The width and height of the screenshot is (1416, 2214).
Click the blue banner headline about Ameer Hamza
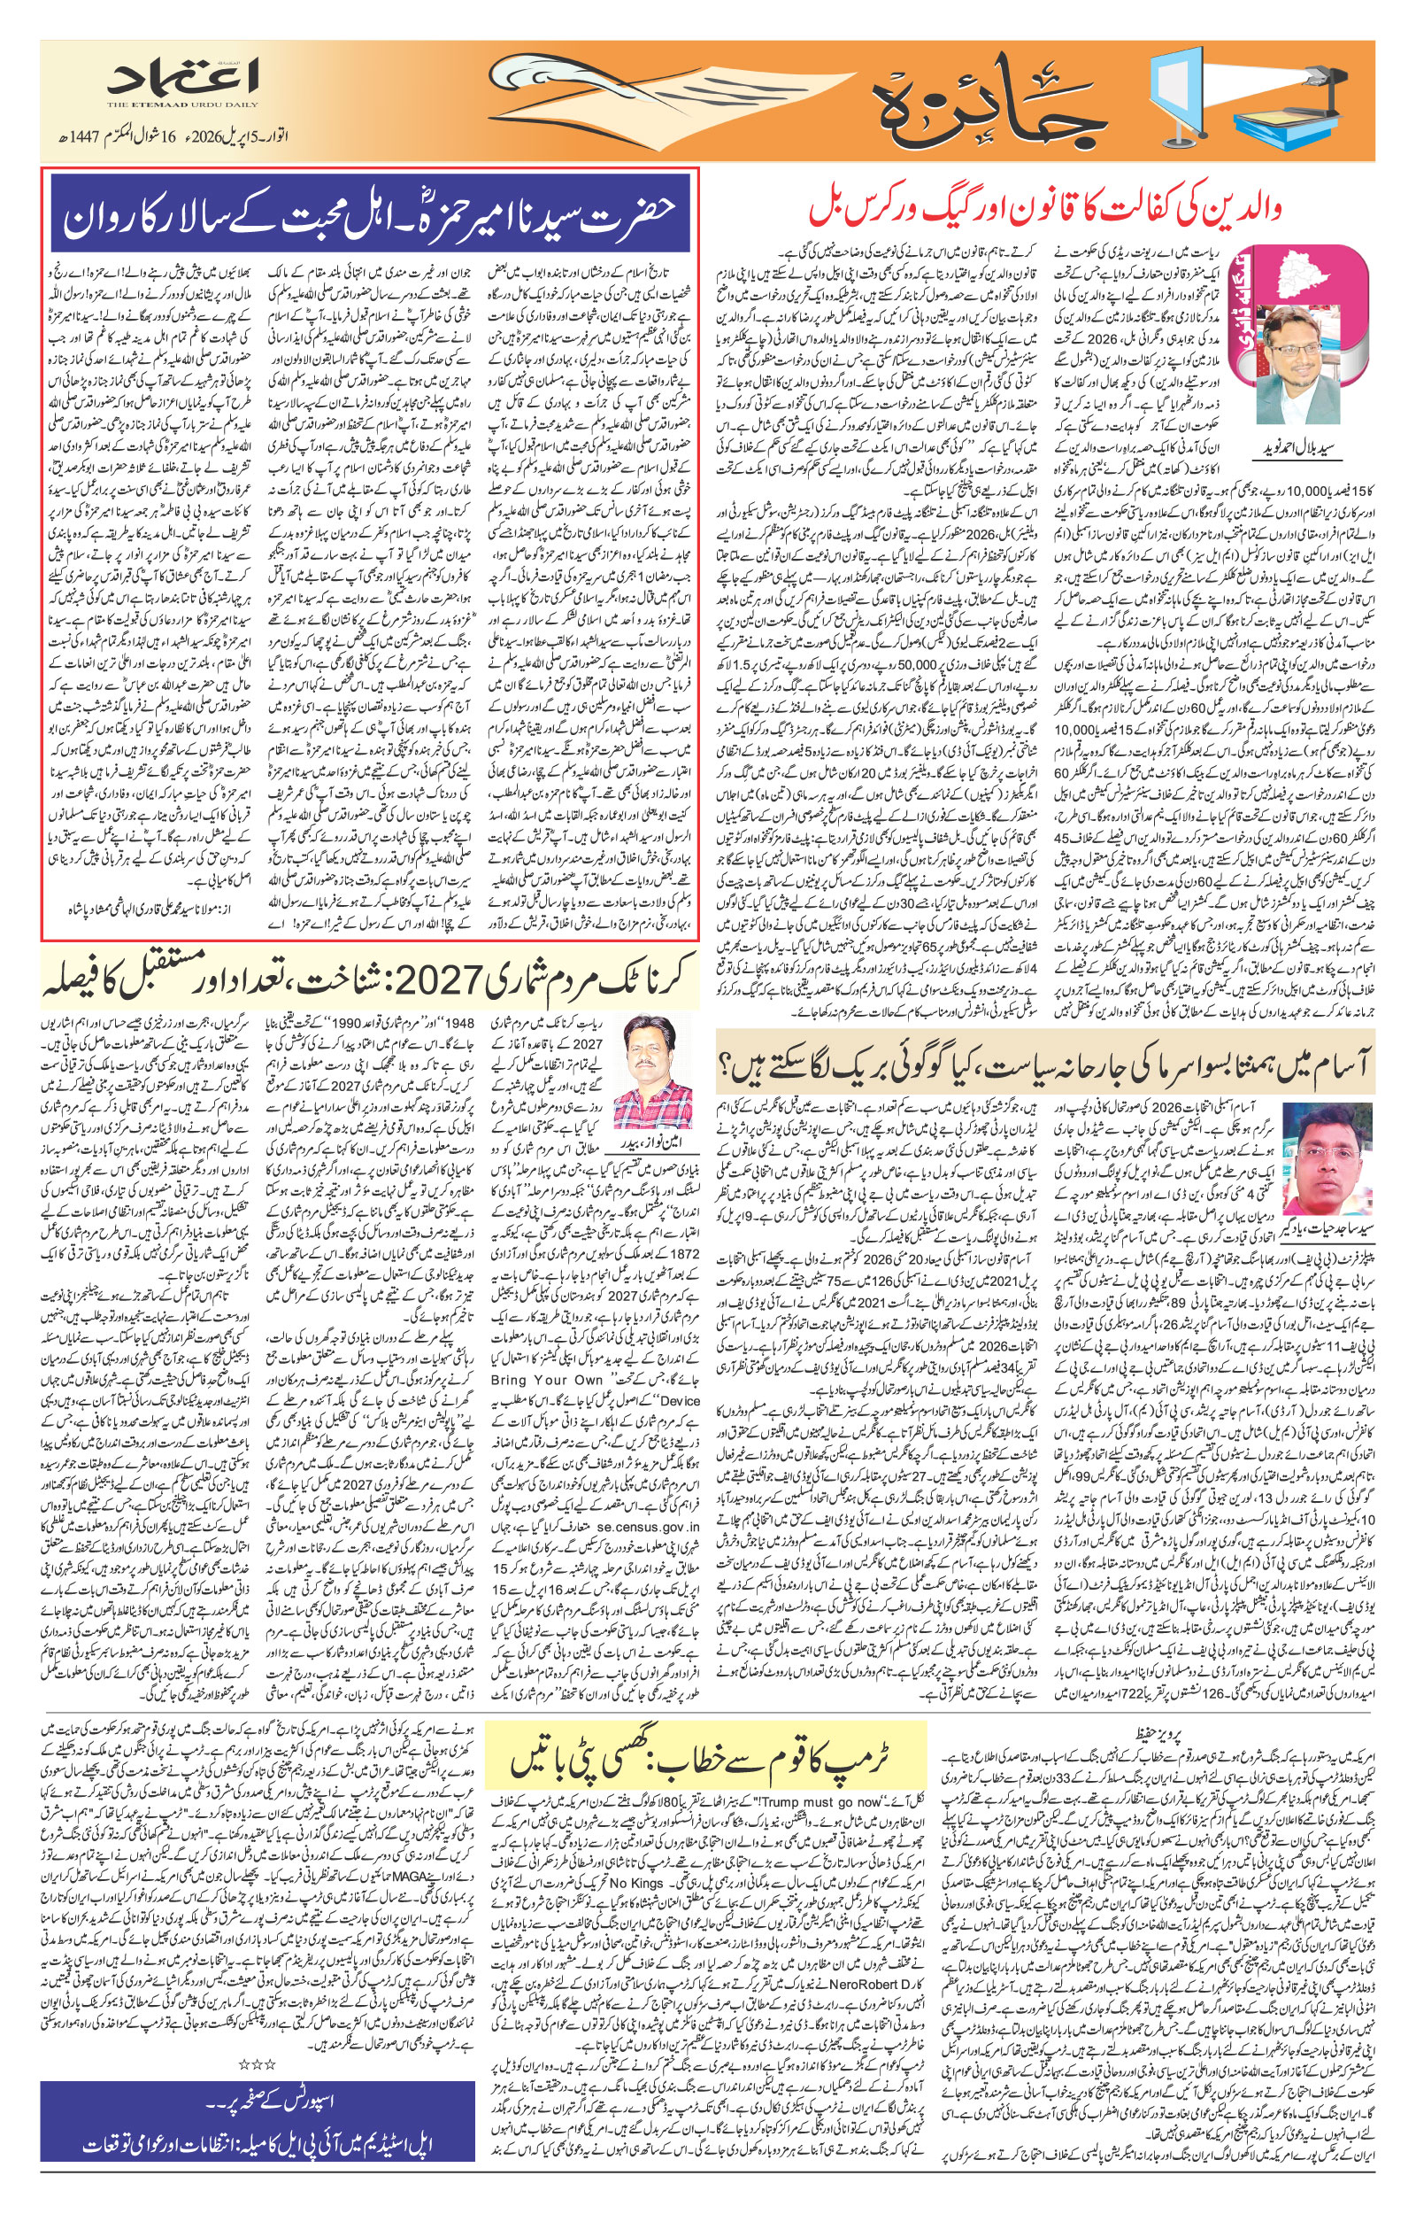[369, 213]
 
